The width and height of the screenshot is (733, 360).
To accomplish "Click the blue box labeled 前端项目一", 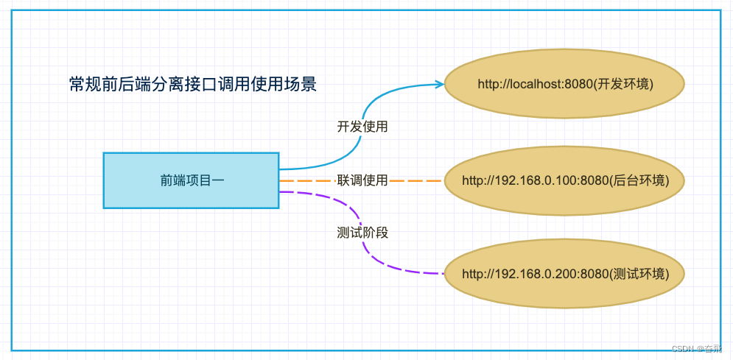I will pos(191,180).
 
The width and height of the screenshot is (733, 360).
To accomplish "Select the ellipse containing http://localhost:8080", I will pos(565,83).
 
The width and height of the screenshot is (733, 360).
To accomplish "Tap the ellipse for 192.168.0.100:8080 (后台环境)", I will pos(565,180).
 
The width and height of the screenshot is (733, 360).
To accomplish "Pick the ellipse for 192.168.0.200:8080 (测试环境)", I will pos(565,274).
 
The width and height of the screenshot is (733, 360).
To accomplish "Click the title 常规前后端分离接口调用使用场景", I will pos(192,84).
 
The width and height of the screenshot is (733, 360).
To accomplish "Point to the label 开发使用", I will pos(362,127).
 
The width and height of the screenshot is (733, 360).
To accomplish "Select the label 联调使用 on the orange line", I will pos(362,180).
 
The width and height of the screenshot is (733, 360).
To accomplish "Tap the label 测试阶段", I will pos(362,233).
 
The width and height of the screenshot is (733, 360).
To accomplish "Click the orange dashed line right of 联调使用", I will pos(416,180).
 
